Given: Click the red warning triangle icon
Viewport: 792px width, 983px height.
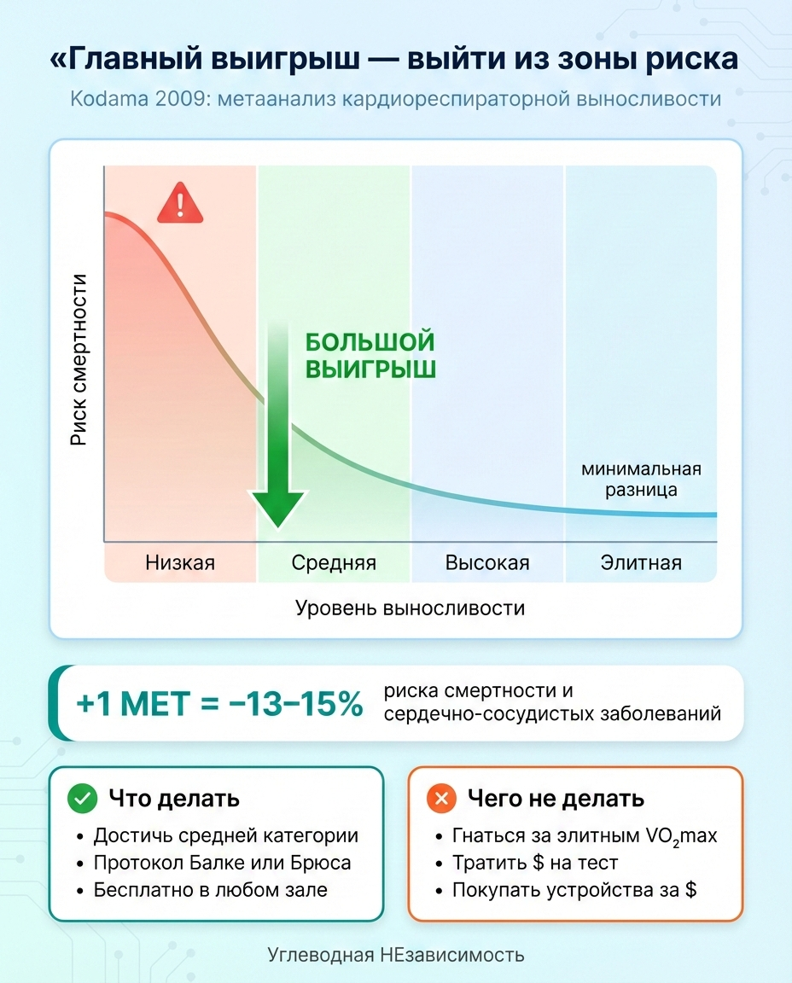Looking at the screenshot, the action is (x=180, y=203).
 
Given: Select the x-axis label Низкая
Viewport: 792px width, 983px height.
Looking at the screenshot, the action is (x=180, y=562).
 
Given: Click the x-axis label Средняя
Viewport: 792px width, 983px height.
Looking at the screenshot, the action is (x=334, y=562).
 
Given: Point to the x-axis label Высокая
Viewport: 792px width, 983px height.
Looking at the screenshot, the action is (x=487, y=562).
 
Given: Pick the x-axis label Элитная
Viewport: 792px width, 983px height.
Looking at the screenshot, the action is (x=641, y=562).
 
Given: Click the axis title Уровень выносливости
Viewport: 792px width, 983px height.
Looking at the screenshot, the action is (x=411, y=608).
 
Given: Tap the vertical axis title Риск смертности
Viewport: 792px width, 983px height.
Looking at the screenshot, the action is (x=79, y=360).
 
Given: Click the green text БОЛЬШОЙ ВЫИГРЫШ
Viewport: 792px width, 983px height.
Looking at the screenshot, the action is (x=370, y=355).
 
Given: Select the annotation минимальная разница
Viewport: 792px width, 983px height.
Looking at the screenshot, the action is (x=641, y=479).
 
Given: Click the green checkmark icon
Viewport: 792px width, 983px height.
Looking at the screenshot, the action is (x=82, y=799).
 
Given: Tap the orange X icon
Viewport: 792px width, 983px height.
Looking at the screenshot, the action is (x=441, y=799).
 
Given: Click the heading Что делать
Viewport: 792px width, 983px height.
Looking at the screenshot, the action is (x=174, y=799).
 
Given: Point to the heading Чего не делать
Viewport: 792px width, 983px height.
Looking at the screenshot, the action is (x=556, y=799).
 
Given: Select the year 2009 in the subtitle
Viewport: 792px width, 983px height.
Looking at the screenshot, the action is (x=183, y=98).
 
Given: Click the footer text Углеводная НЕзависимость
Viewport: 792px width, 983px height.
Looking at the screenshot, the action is (x=396, y=955).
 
